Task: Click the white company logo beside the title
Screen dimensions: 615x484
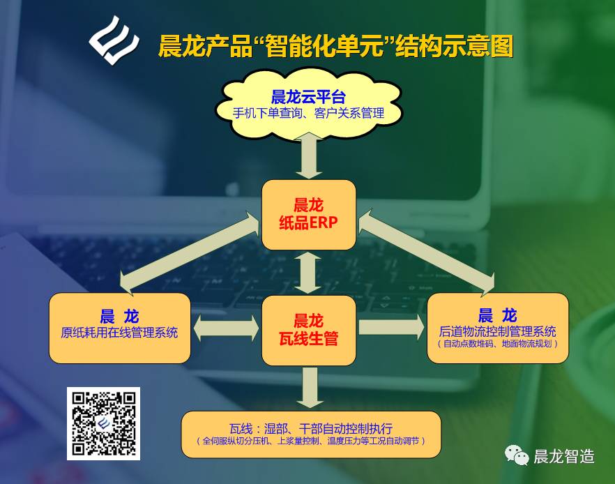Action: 114,40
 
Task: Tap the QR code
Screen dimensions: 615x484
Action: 103,423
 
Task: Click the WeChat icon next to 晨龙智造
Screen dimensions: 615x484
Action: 517,455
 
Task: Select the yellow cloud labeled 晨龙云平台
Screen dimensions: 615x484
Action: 308,105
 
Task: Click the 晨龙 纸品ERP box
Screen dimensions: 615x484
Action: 309,215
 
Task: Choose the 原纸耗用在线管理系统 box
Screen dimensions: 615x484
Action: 120,328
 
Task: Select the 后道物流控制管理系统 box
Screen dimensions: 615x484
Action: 497,328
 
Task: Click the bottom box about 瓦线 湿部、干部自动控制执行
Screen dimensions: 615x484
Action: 311,434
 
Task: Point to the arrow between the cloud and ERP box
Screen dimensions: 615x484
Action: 309,156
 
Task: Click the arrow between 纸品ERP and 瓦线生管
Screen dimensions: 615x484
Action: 308,273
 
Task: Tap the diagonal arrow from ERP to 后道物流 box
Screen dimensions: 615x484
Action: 427,252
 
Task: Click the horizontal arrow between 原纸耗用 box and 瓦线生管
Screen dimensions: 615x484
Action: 227,328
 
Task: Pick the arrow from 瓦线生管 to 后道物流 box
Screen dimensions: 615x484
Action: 391,327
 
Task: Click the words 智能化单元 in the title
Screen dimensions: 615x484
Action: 324,46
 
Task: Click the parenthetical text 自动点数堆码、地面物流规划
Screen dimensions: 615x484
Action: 497,344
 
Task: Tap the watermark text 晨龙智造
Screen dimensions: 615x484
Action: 564,457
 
